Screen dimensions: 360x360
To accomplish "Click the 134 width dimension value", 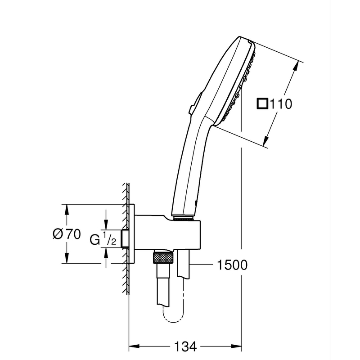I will click(x=185, y=346).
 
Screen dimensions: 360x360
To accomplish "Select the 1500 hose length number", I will click(x=232, y=265).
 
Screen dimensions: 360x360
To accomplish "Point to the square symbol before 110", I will click(x=262, y=104).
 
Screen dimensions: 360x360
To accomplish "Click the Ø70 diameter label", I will click(x=66, y=234).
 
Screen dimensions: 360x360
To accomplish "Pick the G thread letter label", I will click(x=94, y=239).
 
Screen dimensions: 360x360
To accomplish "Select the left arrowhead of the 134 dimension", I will click(x=133, y=346).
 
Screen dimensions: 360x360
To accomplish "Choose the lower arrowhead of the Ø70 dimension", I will click(x=67, y=260).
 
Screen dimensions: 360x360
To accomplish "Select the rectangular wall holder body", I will click(x=166, y=234).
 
